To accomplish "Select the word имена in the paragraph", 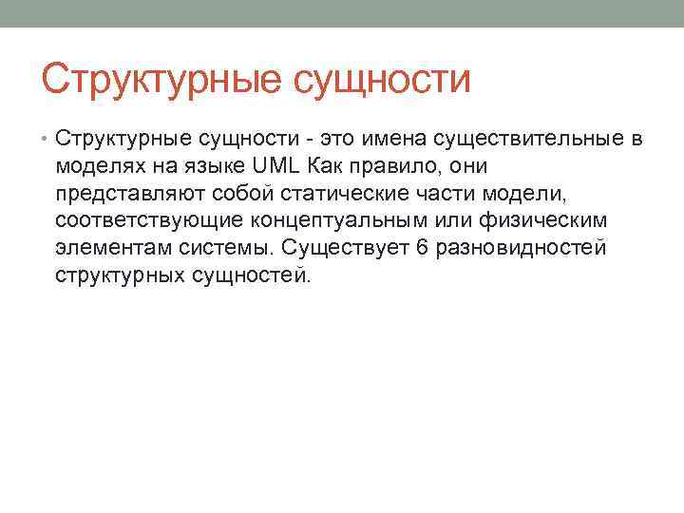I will click(x=394, y=140).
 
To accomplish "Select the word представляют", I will click(x=122, y=194).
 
